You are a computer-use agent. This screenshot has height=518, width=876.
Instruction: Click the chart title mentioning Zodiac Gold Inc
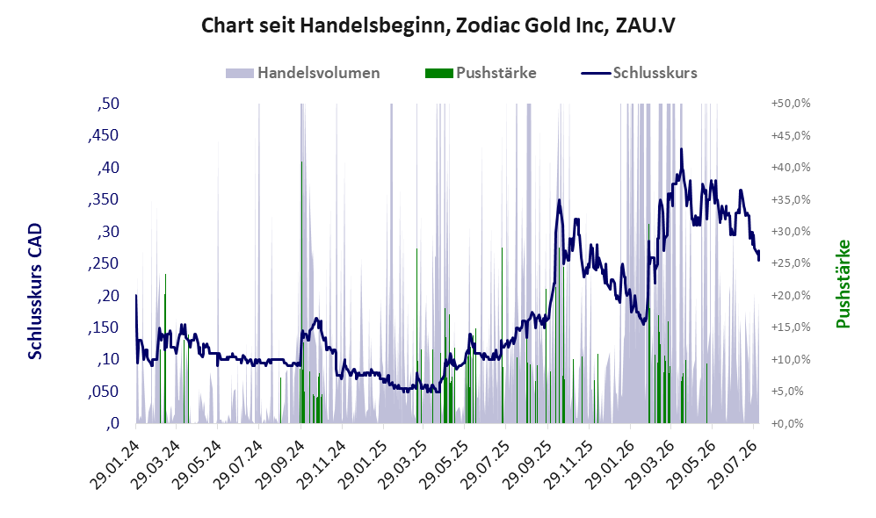point(438,25)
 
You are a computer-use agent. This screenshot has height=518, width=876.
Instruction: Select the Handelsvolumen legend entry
point(302,73)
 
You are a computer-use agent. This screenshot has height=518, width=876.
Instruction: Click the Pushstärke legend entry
point(481,73)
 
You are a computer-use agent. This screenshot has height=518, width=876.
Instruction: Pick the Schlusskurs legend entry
point(639,73)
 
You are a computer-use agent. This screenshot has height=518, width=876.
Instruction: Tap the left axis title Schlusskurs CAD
point(35,291)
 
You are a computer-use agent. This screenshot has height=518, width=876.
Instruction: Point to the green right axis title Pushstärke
point(843,284)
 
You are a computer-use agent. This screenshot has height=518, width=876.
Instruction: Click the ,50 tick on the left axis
point(108,104)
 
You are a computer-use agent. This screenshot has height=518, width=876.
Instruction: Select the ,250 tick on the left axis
point(104,263)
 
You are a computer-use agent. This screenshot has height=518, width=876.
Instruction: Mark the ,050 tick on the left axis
point(104,392)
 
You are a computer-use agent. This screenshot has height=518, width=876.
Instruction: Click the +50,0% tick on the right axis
point(791,104)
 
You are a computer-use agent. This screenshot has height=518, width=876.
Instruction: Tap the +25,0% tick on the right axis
point(791,263)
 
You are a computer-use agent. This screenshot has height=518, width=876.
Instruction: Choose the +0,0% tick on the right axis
point(788,424)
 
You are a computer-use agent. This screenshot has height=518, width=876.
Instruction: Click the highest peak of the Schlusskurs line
point(681,149)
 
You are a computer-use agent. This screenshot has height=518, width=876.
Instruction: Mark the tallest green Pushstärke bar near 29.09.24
point(301,292)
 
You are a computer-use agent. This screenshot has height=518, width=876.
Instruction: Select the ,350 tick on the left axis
point(104,200)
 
